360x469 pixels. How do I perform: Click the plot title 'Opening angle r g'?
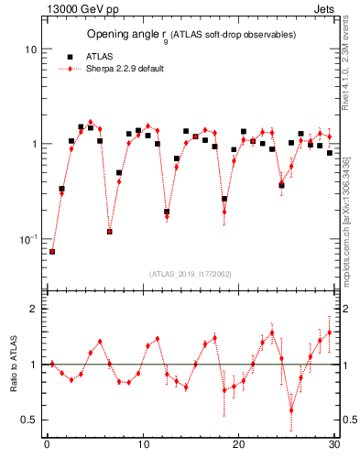[x=127, y=34]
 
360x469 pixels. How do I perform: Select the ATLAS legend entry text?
[x=99, y=55]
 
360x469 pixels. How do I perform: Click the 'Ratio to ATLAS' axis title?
[x=12, y=364]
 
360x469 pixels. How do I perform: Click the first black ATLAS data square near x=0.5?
[x=52, y=251]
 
